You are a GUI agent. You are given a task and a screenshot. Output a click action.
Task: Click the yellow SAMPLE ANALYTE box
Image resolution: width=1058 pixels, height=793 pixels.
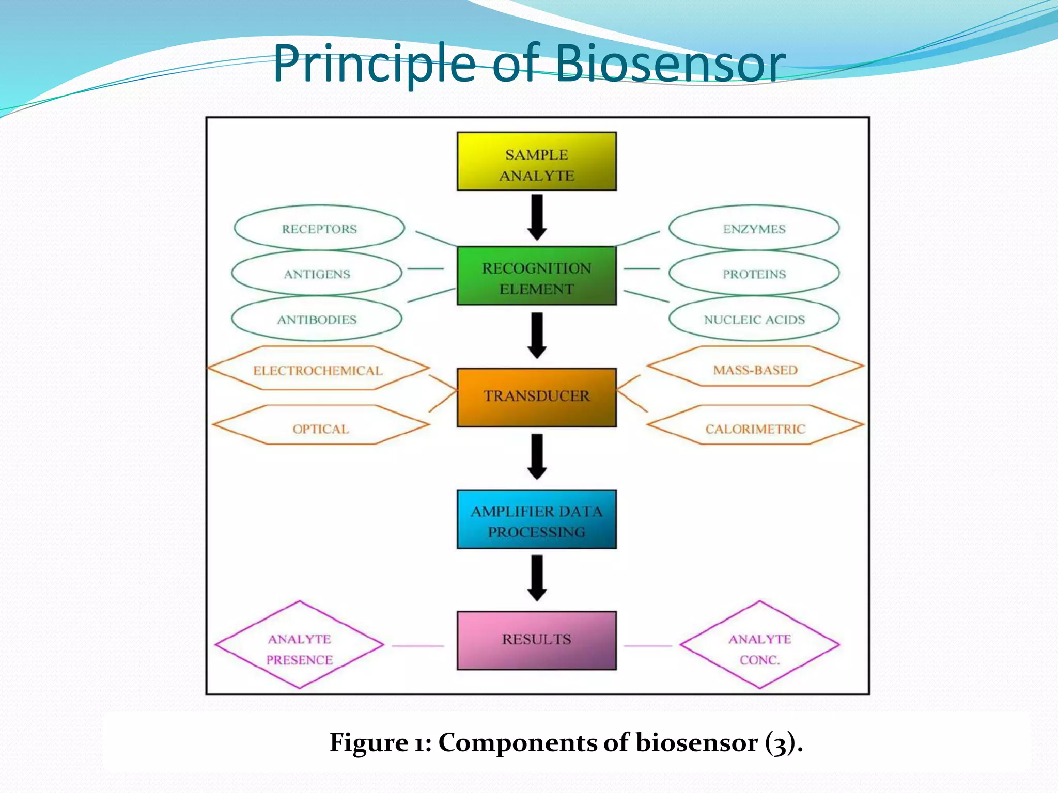[x=536, y=161]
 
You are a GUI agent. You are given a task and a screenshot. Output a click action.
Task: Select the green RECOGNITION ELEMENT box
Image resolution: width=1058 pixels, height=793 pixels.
[x=536, y=276]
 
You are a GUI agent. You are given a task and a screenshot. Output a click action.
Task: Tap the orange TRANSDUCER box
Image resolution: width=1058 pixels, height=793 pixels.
[x=536, y=397]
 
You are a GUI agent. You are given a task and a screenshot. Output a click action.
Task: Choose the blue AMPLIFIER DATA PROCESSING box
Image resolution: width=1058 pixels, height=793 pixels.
[x=536, y=519]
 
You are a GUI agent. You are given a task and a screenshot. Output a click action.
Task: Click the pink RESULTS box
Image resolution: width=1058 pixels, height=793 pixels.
[x=536, y=640]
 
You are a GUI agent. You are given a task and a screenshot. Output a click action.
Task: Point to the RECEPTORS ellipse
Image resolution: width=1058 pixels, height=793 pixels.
[x=319, y=228]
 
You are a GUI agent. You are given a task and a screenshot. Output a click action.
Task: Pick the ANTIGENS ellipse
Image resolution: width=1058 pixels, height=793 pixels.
[x=317, y=274]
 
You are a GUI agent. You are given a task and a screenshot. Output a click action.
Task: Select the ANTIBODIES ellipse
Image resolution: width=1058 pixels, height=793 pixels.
[x=317, y=319]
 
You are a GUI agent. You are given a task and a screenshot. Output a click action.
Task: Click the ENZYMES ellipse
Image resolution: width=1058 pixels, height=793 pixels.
[x=754, y=228]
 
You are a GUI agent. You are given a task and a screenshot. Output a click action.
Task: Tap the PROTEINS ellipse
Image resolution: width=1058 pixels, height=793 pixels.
[x=754, y=274]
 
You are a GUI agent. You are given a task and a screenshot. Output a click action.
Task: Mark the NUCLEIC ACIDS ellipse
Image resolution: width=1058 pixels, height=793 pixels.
[x=754, y=319]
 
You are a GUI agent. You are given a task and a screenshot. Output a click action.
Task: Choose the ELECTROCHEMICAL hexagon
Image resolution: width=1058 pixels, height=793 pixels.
[x=318, y=369]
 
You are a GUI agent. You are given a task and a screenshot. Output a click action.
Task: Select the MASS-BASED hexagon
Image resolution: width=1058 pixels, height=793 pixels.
[x=755, y=367]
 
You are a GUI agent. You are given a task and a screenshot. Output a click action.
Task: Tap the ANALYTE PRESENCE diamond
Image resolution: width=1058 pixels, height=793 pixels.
[x=300, y=645]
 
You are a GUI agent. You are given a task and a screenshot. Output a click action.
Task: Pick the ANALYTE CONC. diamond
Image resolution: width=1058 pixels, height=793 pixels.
[x=759, y=645]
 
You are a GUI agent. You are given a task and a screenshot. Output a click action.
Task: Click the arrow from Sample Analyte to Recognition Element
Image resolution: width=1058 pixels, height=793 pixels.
[x=537, y=217]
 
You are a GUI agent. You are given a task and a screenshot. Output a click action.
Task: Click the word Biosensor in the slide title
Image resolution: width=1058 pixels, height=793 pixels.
[x=670, y=64]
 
